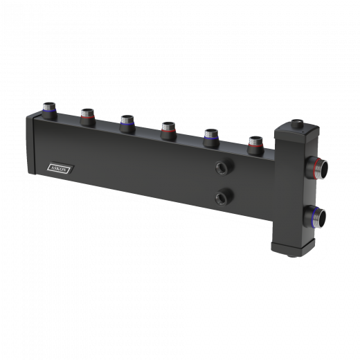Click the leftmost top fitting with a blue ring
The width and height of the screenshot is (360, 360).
point(49,111)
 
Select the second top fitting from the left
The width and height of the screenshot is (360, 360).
point(88,117)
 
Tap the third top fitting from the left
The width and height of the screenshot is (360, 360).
point(127,123)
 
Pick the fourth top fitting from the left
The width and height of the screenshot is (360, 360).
point(168,130)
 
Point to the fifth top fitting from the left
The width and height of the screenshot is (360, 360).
point(211,138)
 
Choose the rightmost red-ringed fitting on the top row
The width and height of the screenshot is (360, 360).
point(255,145)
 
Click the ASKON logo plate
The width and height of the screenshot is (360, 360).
point(60,168)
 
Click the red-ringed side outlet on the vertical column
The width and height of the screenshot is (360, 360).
point(316,168)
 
